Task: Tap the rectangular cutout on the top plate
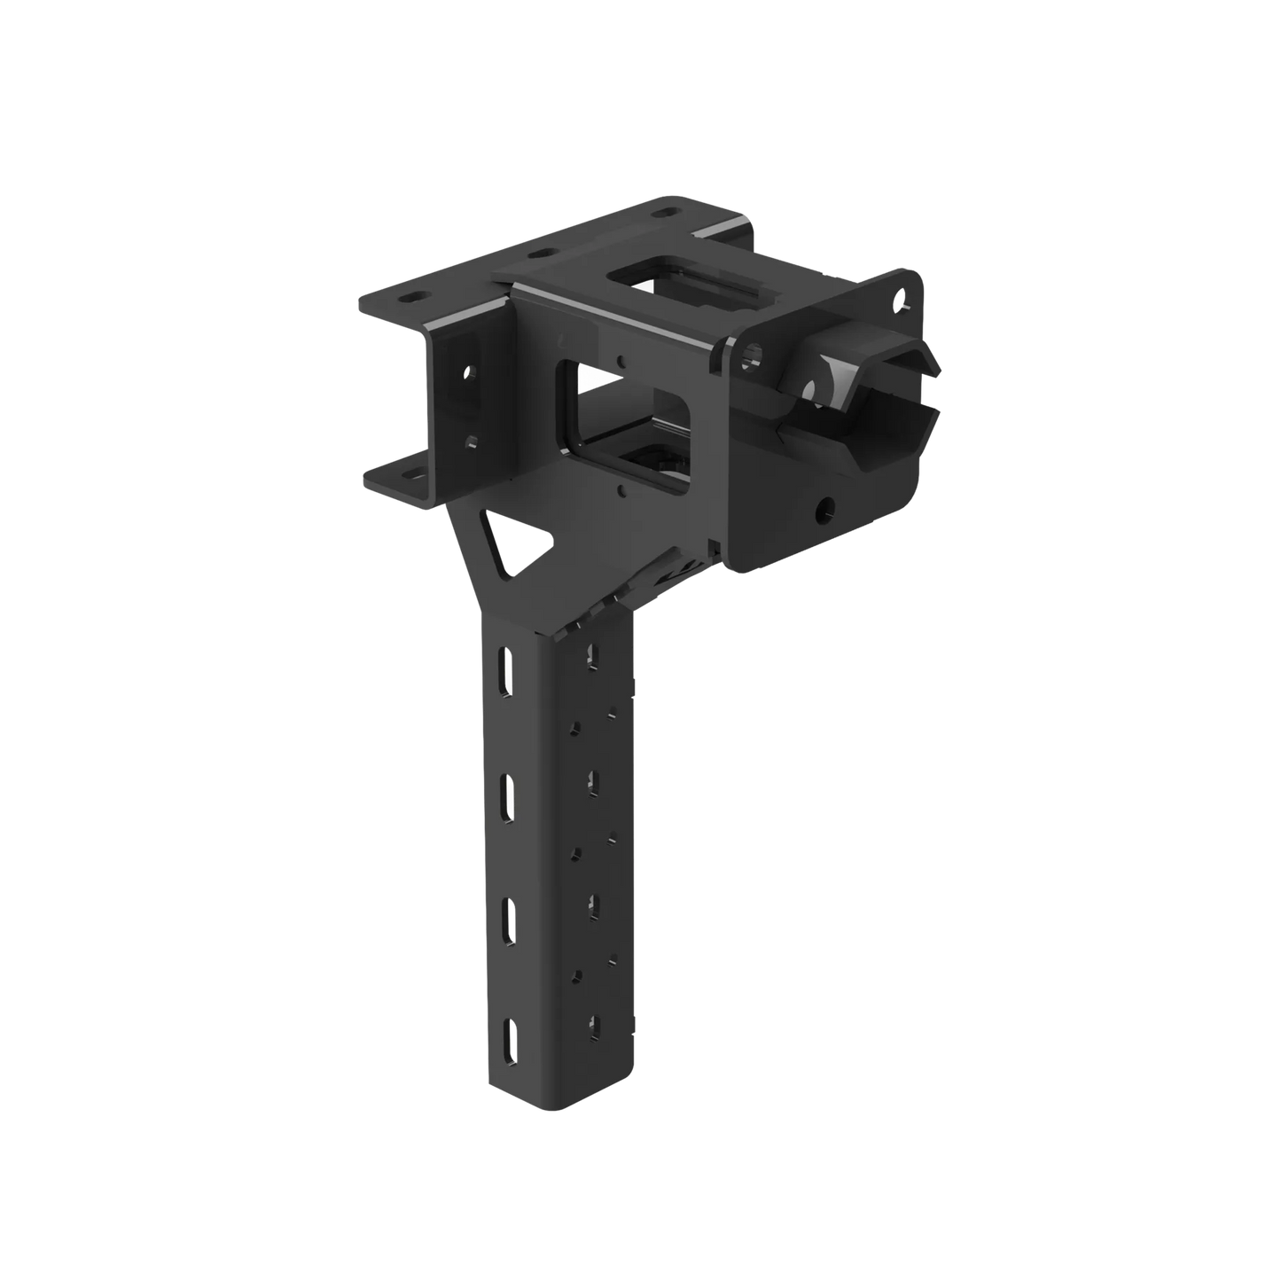pyautogui.click(x=683, y=272)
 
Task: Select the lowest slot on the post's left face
pyautogui.click(x=512, y=1042)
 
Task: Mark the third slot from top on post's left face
pyautogui.click(x=510, y=917)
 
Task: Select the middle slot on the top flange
pyautogui.click(x=536, y=254)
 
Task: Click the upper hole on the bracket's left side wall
pyautogui.click(x=470, y=371)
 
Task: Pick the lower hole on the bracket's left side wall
pyautogui.click(x=471, y=439)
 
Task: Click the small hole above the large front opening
pyautogui.click(x=623, y=360)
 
